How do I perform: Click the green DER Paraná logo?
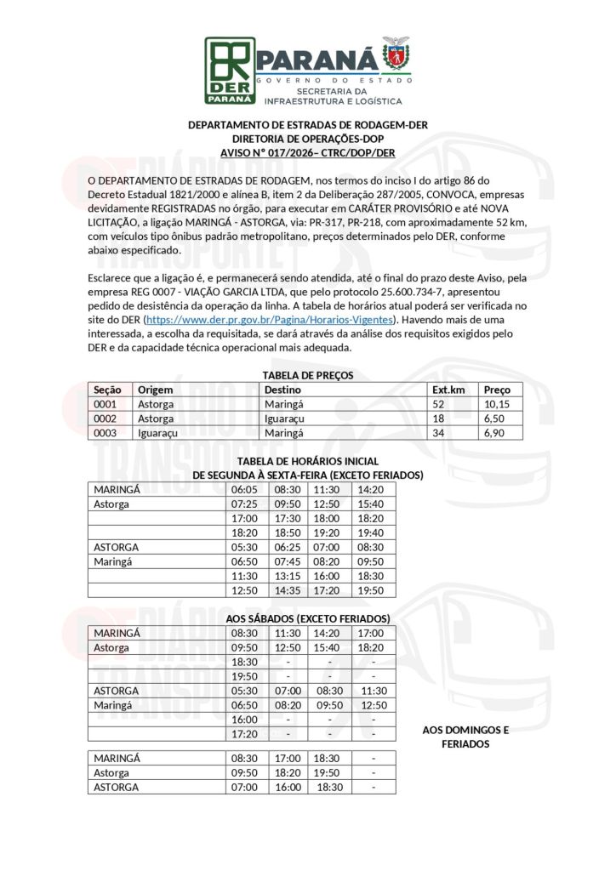pos(230,69)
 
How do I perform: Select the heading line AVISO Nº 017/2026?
pos(307,152)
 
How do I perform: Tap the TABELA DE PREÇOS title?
pos(307,375)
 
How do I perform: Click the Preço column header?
pos(497,390)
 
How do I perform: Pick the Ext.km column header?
pos(448,390)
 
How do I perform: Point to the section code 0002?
pos(106,418)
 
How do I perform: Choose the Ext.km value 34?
pos(439,433)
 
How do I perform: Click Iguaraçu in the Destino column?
pos(286,418)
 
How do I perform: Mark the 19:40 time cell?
pos(369,532)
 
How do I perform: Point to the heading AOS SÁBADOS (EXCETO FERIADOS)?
pos(307,618)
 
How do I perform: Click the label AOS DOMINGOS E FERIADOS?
pos(465,737)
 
